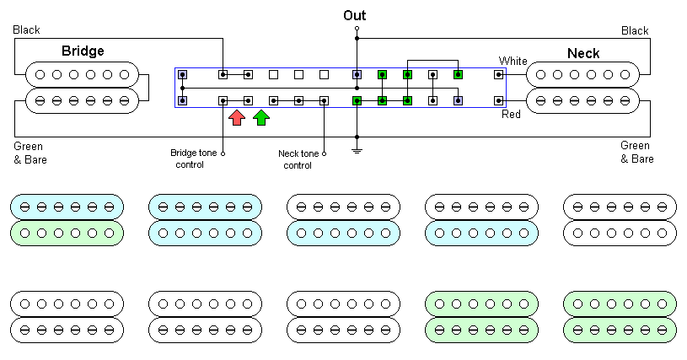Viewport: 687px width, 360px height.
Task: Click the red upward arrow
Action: (x=237, y=117)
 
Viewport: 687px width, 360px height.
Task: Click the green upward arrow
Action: (x=261, y=117)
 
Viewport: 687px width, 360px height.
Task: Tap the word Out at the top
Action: (x=355, y=15)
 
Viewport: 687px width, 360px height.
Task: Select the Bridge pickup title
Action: (x=83, y=51)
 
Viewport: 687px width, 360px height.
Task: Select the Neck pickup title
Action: (x=583, y=53)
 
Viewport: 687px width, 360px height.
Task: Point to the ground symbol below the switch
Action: (x=357, y=151)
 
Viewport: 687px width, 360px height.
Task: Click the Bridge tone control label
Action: (x=196, y=159)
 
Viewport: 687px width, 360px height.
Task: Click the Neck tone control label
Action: (x=298, y=159)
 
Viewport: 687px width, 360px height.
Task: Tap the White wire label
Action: (x=513, y=61)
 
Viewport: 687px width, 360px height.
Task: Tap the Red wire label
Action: (x=512, y=114)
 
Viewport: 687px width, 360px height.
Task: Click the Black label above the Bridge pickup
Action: (x=27, y=30)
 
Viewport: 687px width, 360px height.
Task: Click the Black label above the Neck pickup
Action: (x=635, y=30)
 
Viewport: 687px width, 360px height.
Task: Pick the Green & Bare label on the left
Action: (x=30, y=153)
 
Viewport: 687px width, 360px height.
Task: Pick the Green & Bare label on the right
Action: (x=636, y=153)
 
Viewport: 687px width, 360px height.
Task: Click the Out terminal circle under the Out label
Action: (x=357, y=29)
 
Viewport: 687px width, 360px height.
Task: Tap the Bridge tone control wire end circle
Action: (x=223, y=153)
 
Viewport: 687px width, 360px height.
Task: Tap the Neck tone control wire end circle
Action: (x=325, y=153)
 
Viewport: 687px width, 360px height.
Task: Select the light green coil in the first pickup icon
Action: (x=67, y=233)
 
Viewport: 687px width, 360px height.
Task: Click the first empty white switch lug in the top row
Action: (x=273, y=74)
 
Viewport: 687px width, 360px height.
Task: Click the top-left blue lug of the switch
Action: (x=183, y=74)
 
